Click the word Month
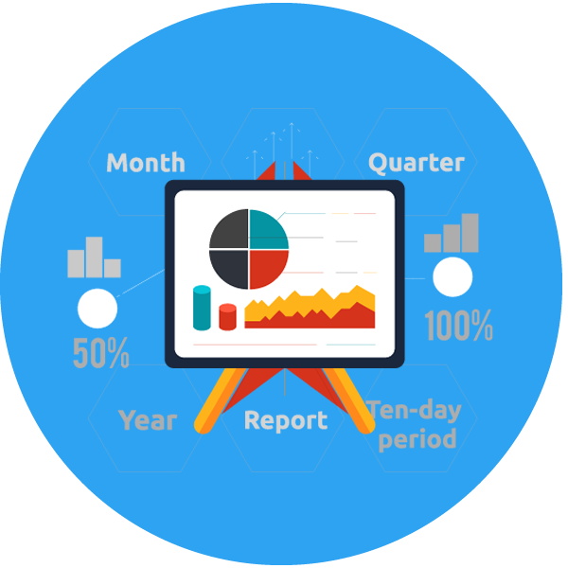[146, 162]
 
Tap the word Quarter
[417, 163]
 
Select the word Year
[148, 420]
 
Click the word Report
[286, 421]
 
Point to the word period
[417, 439]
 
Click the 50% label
[101, 353]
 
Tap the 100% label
[458, 326]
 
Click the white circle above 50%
[98, 309]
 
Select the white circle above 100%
[453, 277]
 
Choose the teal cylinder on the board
[202, 308]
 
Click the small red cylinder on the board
[228, 317]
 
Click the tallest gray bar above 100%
[470, 233]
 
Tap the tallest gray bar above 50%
[94, 257]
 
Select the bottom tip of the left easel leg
[203, 428]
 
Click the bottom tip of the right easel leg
[365, 428]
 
